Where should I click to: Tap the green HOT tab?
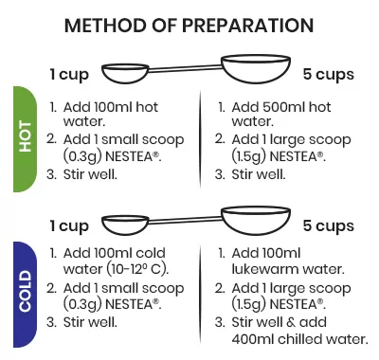point(25,139)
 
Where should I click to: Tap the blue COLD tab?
point(25,295)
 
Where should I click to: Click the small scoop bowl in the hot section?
point(125,73)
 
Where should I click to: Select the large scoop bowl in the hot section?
point(256,69)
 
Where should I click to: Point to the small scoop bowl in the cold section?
point(125,225)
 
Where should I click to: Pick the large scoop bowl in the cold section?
point(256,221)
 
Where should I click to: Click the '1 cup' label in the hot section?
point(69,75)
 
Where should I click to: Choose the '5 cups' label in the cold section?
point(329,225)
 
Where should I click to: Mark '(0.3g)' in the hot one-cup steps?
point(82,156)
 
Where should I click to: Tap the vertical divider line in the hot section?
point(200,139)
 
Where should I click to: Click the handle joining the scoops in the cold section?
point(185,220)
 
